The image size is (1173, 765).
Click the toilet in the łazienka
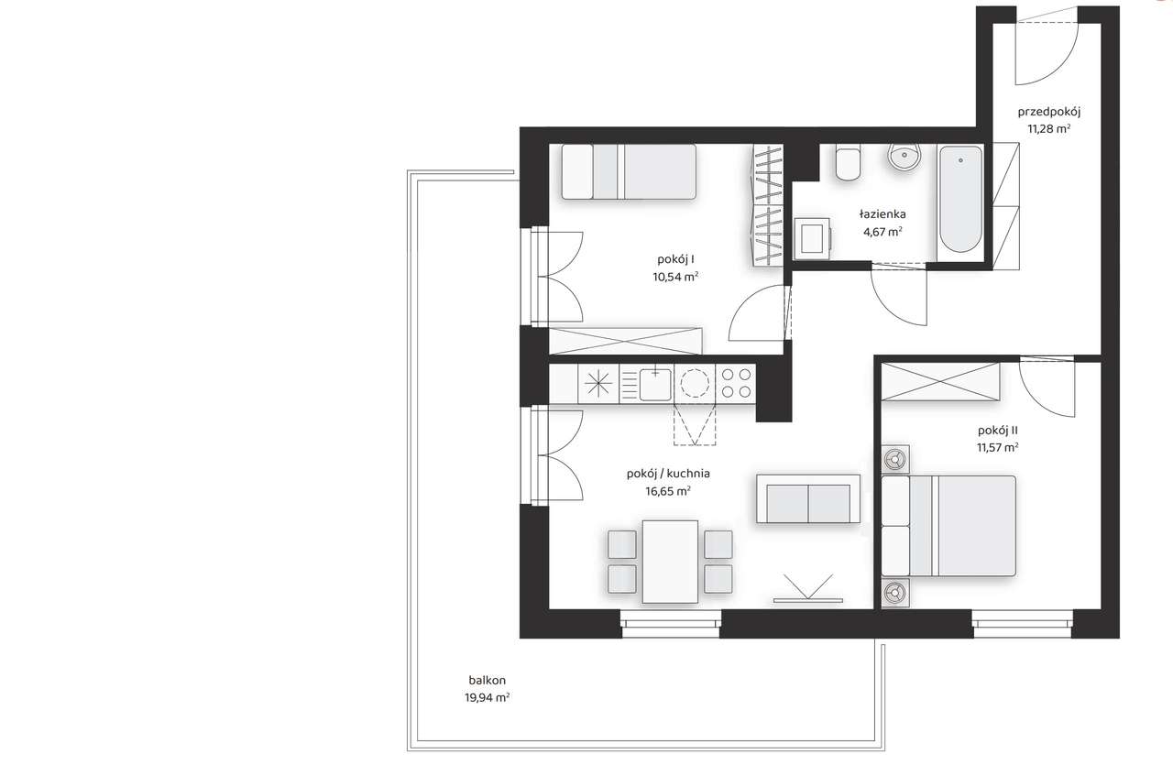[x=848, y=162]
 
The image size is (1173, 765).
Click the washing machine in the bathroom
[x=811, y=237]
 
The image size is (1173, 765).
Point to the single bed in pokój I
[x=629, y=171]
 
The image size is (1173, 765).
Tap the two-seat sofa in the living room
[x=807, y=499]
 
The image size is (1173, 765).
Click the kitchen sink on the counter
[x=654, y=384]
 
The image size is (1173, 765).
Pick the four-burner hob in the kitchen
[x=735, y=383]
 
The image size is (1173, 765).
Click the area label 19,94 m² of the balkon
[x=487, y=697]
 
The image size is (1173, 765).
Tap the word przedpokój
[x=1049, y=113]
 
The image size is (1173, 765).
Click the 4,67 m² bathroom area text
[x=882, y=232]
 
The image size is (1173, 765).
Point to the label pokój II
[x=998, y=431]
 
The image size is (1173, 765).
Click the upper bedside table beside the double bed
[x=893, y=458]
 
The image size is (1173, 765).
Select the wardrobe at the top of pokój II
[x=939, y=381]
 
